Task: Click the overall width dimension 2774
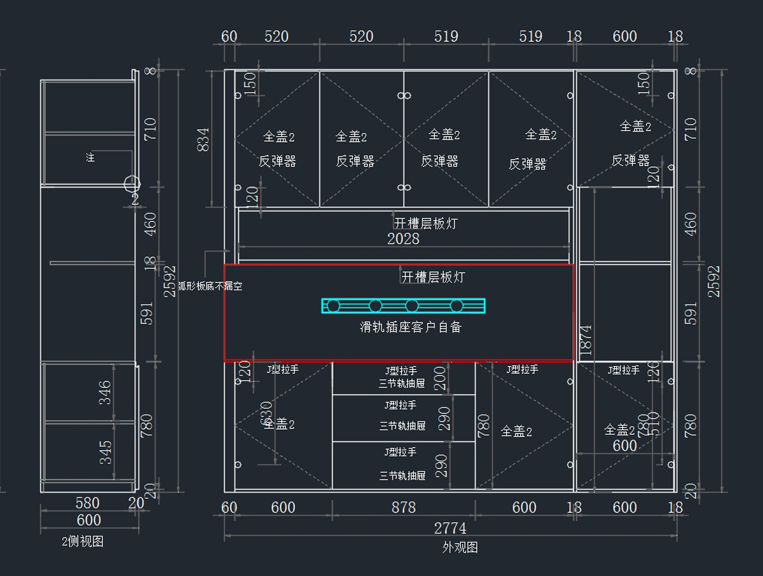coord(450,528)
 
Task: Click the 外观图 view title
coord(460,547)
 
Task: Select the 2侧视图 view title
coord(83,542)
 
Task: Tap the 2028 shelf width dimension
coord(403,238)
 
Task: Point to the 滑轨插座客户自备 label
coord(410,327)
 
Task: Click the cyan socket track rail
coord(403,306)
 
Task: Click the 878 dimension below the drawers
coord(403,507)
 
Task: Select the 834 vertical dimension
coord(203,139)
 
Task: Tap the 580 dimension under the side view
coord(88,503)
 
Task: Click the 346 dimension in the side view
coord(106,392)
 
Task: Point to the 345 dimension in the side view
coord(106,452)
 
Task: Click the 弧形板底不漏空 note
coord(210,287)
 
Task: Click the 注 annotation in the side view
coord(90,157)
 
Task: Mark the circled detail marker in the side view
coord(132,184)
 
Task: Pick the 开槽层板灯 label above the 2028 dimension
coord(425,224)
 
